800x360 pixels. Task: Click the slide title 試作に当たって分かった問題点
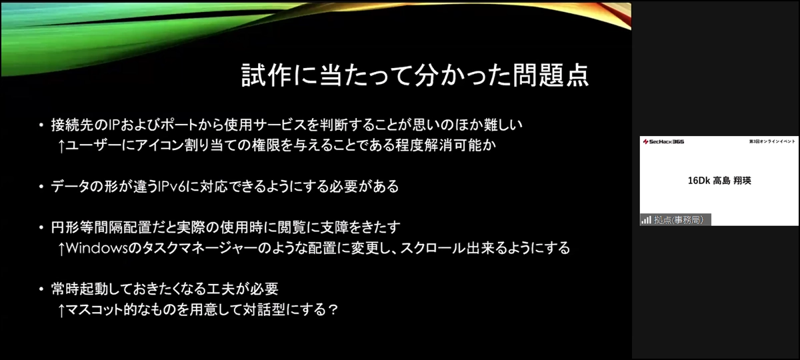coord(415,75)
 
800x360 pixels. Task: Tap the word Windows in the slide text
coord(97,248)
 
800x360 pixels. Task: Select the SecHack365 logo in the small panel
coord(663,142)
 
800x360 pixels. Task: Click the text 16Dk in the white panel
coord(699,181)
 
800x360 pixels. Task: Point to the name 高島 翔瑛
coord(732,181)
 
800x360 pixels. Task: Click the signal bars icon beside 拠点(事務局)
coord(646,219)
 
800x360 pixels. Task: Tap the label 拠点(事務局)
coord(679,220)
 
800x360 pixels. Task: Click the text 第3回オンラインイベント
coord(772,141)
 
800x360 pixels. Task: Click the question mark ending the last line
coord(333,309)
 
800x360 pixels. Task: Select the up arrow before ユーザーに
coord(61,146)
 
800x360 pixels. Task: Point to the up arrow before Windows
coord(61,249)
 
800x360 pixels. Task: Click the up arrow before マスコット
coord(61,310)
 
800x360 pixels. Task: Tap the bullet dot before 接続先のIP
coord(41,125)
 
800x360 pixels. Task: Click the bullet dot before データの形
coord(41,187)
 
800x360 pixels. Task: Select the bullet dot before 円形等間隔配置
coord(41,227)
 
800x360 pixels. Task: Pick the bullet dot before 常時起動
coord(41,289)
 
